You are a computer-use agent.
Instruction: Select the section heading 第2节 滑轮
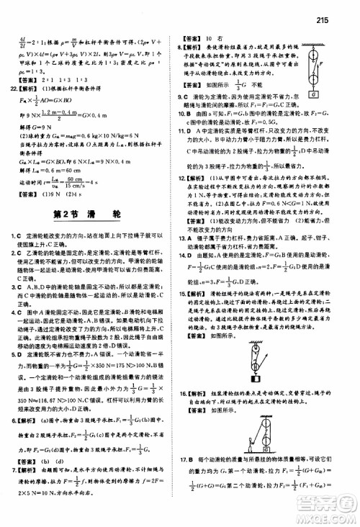(x=89, y=174)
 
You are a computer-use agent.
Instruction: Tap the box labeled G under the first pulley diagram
(x=315, y=94)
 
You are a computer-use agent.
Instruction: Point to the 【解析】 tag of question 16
(x=203, y=411)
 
